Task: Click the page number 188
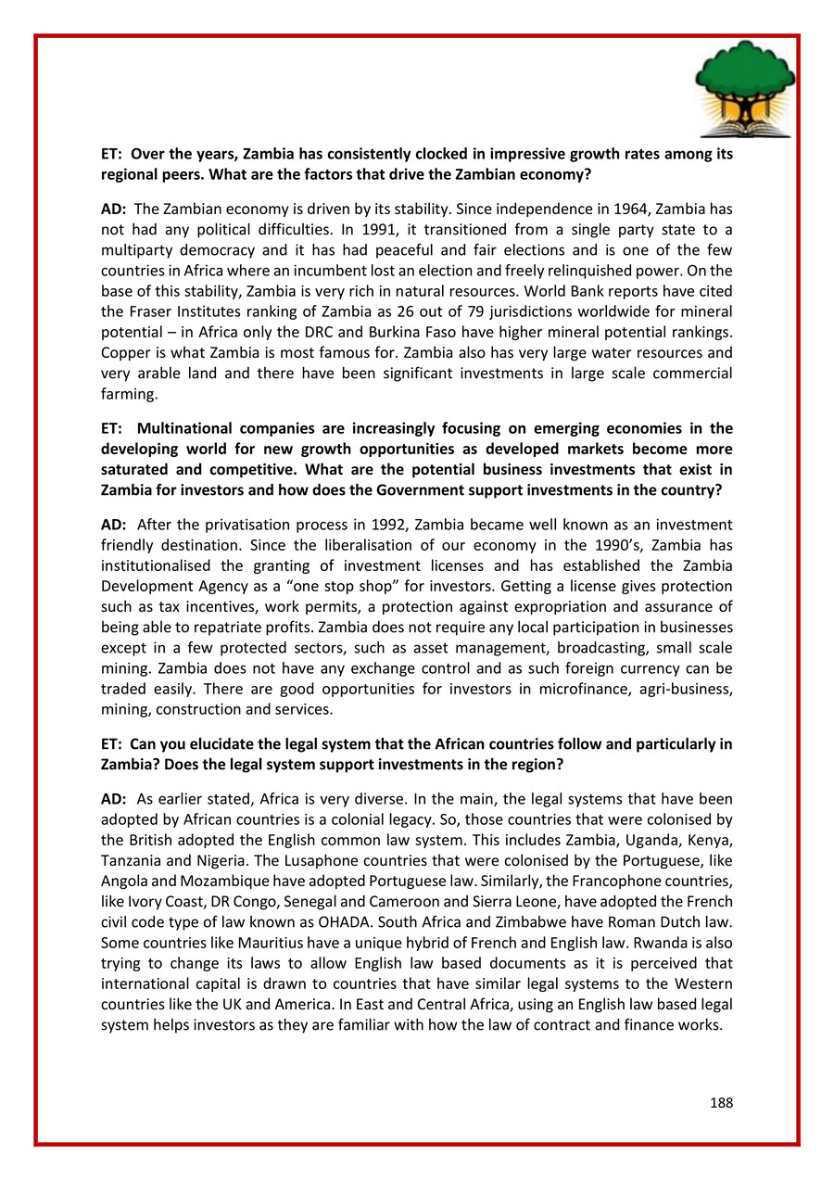pyautogui.click(x=721, y=1103)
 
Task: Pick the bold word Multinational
pyautogui.click(x=186, y=428)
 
